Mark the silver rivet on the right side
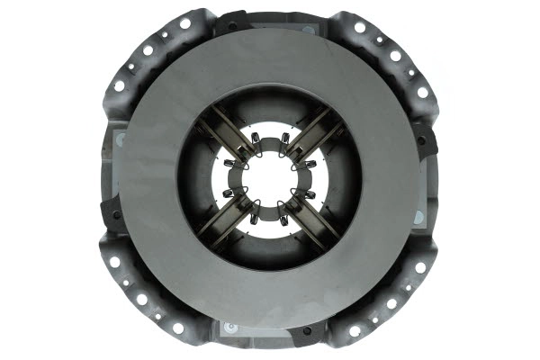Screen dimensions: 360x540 pyautogui.click(x=418, y=216)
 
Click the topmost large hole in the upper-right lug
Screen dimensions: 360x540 pyautogui.click(x=360, y=28)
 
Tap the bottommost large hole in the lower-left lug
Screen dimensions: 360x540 pyautogui.click(x=177, y=328)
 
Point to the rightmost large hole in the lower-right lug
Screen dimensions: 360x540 pyautogui.click(x=420, y=266)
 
